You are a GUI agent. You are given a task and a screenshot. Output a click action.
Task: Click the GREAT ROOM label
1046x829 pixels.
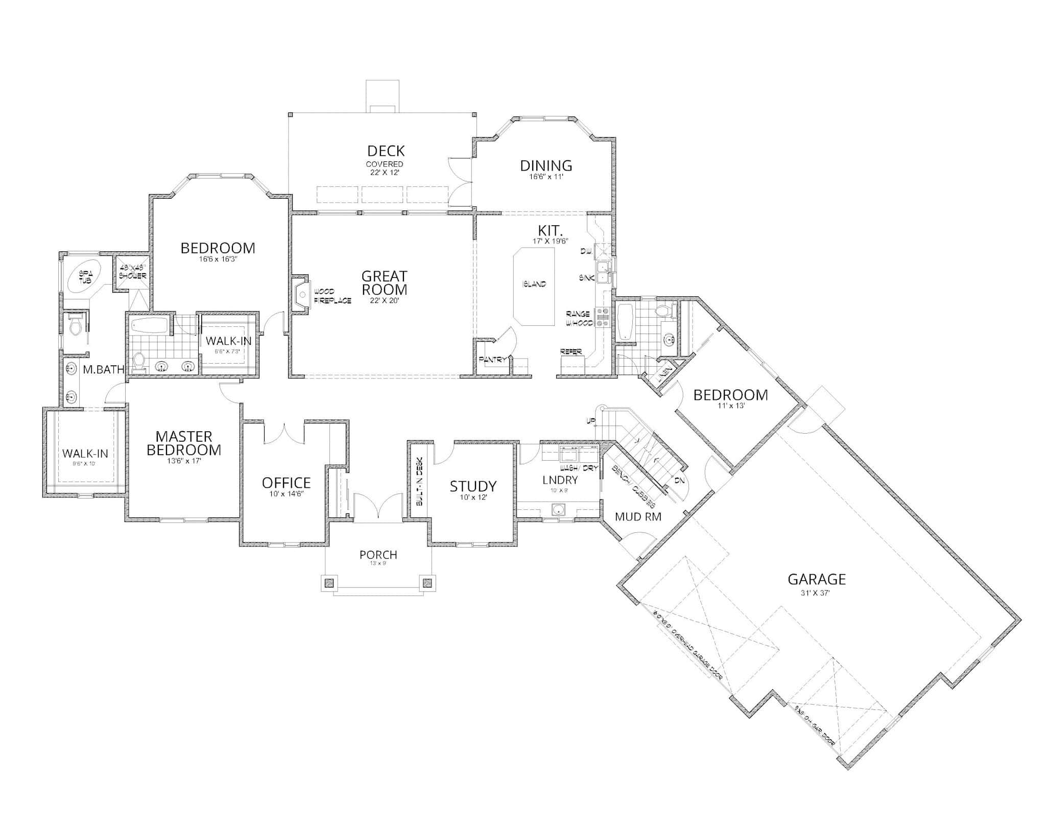pyautogui.click(x=384, y=283)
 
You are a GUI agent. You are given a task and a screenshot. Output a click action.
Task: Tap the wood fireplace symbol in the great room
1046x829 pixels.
pyautogui.click(x=301, y=294)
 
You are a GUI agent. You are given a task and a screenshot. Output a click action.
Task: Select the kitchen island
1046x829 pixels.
pyautogui.click(x=534, y=286)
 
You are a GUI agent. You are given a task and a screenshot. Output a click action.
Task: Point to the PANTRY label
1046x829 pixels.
pyautogui.click(x=492, y=360)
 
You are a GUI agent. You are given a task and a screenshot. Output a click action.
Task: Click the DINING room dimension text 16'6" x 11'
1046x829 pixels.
pyautogui.click(x=546, y=177)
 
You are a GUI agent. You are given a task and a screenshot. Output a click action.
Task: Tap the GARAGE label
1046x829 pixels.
pyautogui.click(x=816, y=579)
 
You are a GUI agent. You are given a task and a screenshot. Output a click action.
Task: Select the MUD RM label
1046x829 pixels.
pyautogui.click(x=638, y=517)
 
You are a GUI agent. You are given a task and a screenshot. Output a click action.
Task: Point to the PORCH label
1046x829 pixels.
pyautogui.click(x=378, y=555)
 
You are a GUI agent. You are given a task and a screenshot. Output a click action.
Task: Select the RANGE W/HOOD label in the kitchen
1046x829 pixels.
pyautogui.click(x=579, y=319)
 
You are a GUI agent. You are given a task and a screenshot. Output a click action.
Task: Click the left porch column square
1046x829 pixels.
pyautogui.click(x=329, y=582)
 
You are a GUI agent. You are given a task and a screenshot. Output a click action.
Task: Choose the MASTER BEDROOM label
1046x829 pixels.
pyautogui.click(x=184, y=443)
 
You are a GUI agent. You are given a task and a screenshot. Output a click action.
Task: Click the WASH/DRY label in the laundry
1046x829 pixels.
pyautogui.click(x=578, y=468)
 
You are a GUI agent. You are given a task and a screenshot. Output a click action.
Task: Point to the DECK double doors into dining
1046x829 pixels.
pyautogui.click(x=460, y=183)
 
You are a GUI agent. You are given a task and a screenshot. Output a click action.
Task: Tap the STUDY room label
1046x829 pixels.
pyautogui.click(x=473, y=486)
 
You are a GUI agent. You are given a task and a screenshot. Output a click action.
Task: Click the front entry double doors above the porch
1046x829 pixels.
pyautogui.click(x=378, y=508)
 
